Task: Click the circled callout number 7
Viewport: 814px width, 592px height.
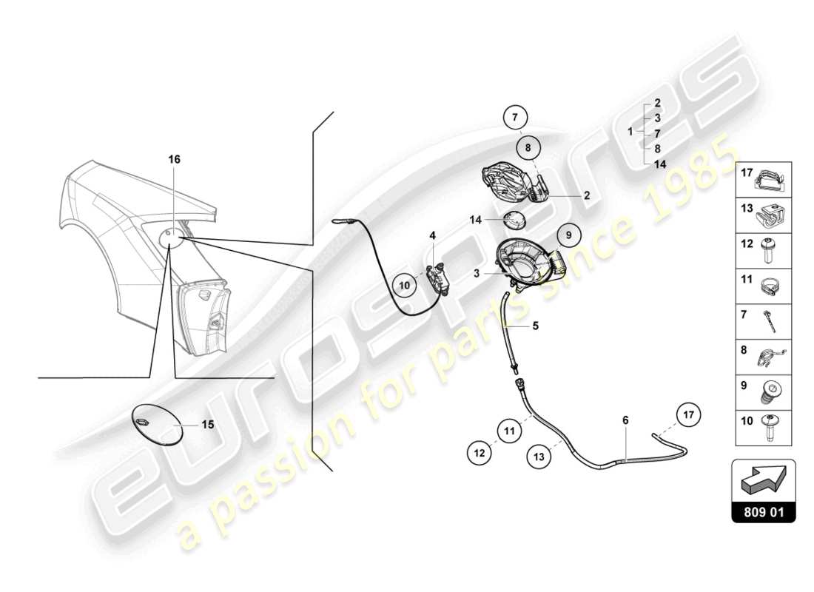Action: click(x=517, y=117)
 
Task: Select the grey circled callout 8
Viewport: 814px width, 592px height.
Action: click(x=528, y=148)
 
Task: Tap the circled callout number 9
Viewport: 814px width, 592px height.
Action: click(x=569, y=235)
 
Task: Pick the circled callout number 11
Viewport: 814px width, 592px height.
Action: click(x=509, y=429)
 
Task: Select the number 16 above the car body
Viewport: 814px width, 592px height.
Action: click(x=174, y=159)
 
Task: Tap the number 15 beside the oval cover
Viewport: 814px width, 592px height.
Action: click(x=208, y=425)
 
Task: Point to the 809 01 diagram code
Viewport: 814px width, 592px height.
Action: click(x=764, y=511)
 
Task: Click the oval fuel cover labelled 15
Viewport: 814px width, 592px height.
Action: click(x=156, y=423)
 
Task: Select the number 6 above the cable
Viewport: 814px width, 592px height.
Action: click(x=625, y=420)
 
